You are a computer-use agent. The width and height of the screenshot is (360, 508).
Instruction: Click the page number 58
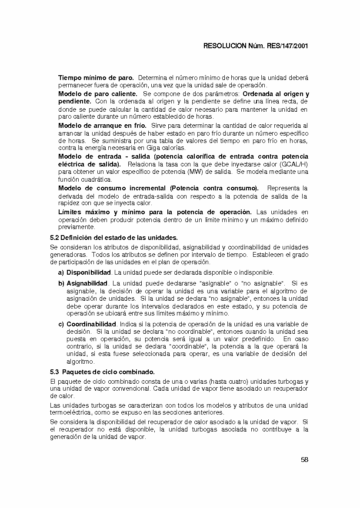click(x=304, y=460)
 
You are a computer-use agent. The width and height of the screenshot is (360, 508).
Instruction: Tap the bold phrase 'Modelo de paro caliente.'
click(x=98, y=94)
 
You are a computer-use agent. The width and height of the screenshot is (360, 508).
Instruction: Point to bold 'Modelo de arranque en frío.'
click(x=103, y=126)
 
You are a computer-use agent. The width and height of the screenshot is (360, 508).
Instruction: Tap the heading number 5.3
click(x=55, y=372)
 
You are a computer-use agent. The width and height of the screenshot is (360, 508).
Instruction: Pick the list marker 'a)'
click(x=61, y=272)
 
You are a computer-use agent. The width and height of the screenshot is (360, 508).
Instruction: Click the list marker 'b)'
click(x=61, y=284)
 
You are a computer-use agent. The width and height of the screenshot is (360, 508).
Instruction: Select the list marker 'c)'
click(x=61, y=324)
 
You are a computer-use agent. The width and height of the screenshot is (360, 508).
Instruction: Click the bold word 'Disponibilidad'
click(x=89, y=272)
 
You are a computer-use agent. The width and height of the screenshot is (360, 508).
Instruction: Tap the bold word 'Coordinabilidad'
click(x=91, y=324)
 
